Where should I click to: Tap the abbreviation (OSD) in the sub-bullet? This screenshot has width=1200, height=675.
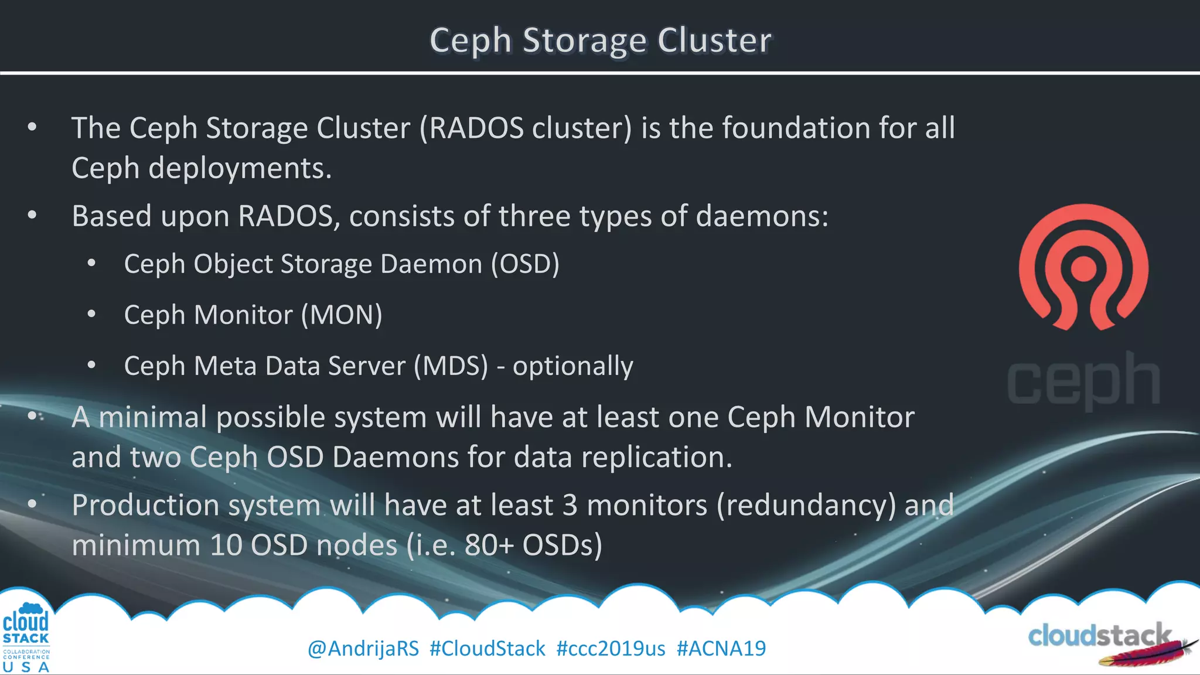525,264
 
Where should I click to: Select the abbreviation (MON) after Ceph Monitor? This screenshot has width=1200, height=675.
342,315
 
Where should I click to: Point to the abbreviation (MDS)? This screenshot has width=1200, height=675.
451,366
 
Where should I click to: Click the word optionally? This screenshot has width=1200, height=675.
572,367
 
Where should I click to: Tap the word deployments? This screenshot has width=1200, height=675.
240,169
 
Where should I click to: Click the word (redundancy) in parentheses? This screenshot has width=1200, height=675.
806,506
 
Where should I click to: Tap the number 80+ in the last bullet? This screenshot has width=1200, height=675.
489,546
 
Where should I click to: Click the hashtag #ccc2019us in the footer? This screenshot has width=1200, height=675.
611,649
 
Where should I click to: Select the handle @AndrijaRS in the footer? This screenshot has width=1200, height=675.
363,649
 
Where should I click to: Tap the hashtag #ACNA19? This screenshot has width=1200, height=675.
721,649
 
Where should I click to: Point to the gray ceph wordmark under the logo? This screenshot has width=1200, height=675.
1083,381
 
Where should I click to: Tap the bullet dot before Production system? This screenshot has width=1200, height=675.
32,503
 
